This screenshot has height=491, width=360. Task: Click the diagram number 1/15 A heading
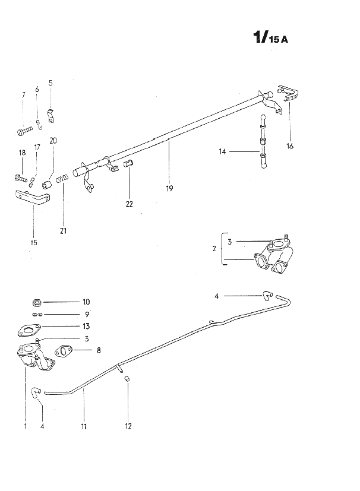click(270, 37)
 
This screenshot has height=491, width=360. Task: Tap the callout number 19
click(169, 189)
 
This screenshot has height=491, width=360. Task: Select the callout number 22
click(129, 204)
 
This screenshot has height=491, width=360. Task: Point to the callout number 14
click(222, 152)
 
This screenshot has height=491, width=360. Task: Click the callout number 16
click(290, 146)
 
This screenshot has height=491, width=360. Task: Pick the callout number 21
click(64, 231)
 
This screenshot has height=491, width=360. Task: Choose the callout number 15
click(34, 242)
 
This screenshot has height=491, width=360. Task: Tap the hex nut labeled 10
click(37, 302)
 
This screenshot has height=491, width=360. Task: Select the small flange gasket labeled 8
click(64, 351)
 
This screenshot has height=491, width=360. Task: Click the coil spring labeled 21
click(62, 179)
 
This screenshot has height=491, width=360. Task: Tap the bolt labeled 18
click(21, 179)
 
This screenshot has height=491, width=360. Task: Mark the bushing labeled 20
click(47, 185)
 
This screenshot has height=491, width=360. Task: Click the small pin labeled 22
click(129, 163)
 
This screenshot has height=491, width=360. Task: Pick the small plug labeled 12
click(127, 379)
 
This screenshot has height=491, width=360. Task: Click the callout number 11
click(84, 426)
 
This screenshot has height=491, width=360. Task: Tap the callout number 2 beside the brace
click(214, 249)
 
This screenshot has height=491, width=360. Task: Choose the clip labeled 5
click(50, 116)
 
